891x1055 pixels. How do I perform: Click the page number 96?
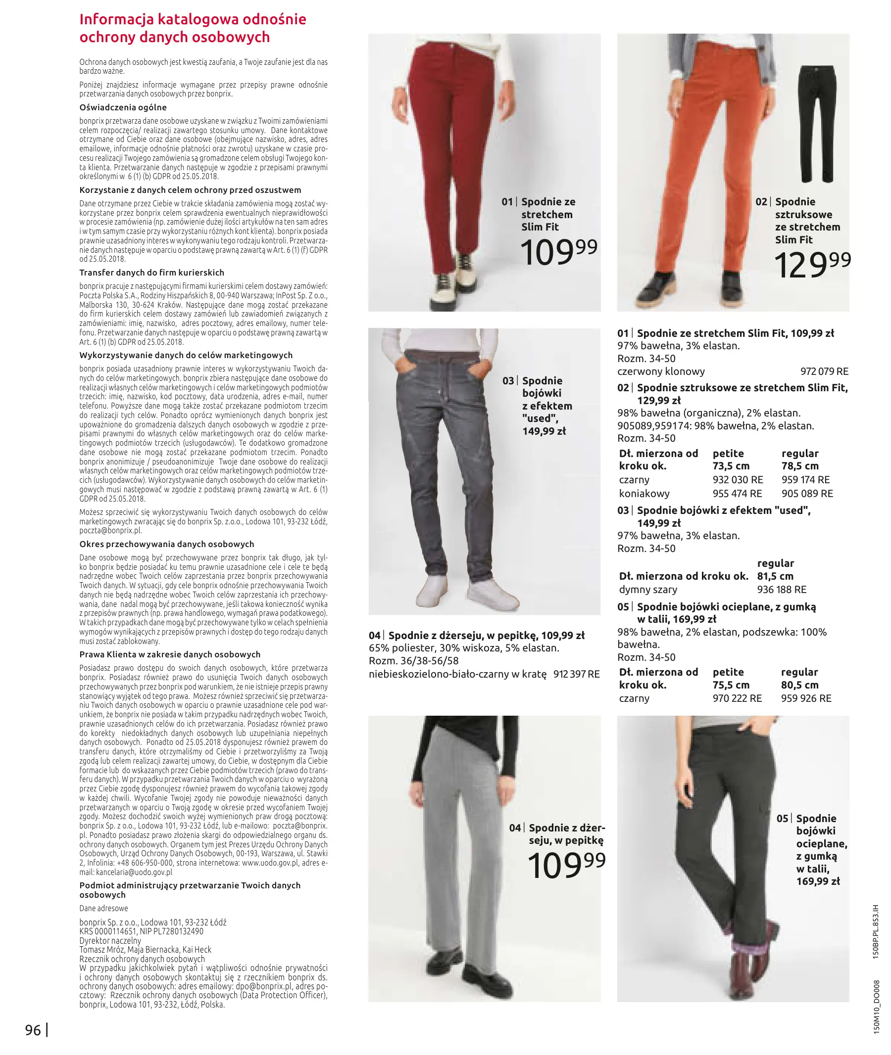33,1030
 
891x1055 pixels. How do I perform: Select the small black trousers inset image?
817,124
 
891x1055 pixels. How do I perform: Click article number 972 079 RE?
824,371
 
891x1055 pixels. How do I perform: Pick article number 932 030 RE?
738,480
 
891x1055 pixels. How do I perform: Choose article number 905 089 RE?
807,494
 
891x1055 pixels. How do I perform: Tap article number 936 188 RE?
782,590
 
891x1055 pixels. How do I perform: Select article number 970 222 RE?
737,698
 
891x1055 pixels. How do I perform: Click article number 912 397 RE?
576,674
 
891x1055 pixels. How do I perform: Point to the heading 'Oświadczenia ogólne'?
123,107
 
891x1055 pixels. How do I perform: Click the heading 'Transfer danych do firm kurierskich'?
151,273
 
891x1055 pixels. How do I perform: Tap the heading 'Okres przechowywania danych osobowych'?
167,544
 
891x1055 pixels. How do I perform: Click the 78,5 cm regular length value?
800,466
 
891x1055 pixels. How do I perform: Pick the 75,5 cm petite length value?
731,685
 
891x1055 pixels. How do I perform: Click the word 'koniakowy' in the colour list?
644,494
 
